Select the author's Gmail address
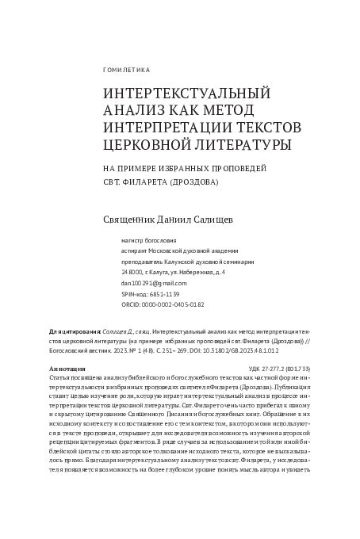tap(154, 282)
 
